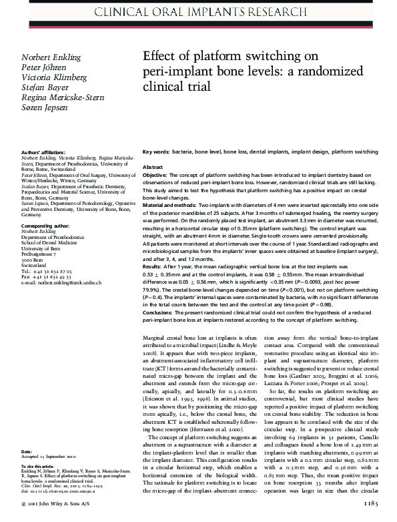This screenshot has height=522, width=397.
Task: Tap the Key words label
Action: [156, 152]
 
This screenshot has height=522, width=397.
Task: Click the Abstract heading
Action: [153, 167]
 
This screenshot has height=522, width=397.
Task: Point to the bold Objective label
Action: [158, 174]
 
